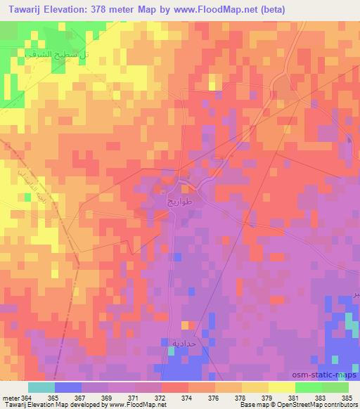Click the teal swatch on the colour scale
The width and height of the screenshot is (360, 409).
[x=41, y=387]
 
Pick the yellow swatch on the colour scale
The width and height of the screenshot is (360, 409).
[x=282, y=387]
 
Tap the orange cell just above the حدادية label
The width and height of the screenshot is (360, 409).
[x=185, y=325]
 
